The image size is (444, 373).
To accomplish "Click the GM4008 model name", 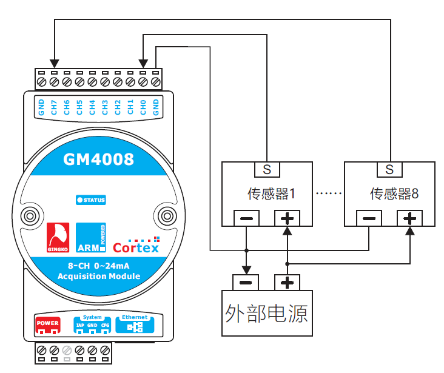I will (x=98, y=160).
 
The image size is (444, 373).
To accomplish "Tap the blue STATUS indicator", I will (x=91, y=200).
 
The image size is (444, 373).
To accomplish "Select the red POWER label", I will (x=48, y=324).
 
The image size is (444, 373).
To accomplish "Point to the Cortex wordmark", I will (x=136, y=247).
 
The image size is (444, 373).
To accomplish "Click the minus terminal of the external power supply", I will (x=246, y=283).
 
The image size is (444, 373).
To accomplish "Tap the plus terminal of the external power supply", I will (x=287, y=283).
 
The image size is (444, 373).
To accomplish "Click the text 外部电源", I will (x=266, y=313).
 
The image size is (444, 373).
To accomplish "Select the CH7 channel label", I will (x=54, y=107).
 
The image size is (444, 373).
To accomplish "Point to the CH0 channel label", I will (x=143, y=107).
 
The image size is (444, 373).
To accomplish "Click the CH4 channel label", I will (x=92, y=107).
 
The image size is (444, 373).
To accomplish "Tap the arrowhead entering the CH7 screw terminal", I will (x=55, y=63).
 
